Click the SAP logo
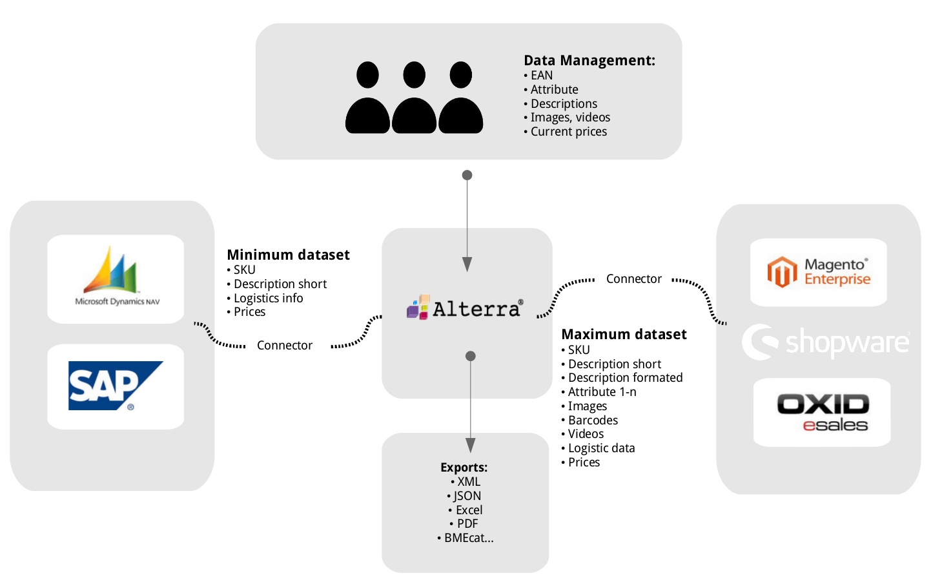click(x=115, y=386)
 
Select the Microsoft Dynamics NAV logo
click(x=116, y=277)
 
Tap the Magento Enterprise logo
click(x=818, y=272)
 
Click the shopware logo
click(x=826, y=342)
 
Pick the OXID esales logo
click(x=822, y=412)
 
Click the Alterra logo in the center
click(x=465, y=308)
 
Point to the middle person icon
click(x=414, y=98)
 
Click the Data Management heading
click(x=589, y=60)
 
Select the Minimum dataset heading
click(x=288, y=255)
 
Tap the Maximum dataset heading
click(x=624, y=334)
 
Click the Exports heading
click(x=464, y=467)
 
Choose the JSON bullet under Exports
click(x=466, y=495)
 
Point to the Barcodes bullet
click(x=592, y=420)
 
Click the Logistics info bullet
click(x=267, y=298)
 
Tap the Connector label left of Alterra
click(x=284, y=345)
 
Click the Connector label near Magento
click(x=633, y=278)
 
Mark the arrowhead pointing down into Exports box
click(x=471, y=445)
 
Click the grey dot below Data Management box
click(x=467, y=175)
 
